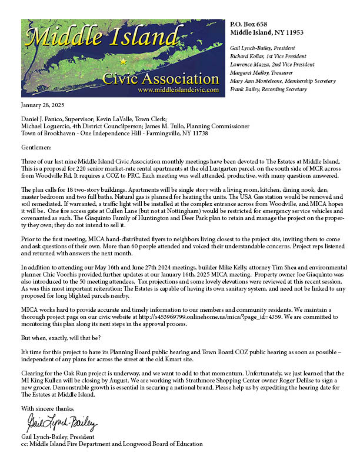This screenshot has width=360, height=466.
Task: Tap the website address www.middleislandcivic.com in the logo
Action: coord(177,91)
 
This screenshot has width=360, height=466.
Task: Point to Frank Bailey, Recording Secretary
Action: coord(268,89)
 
